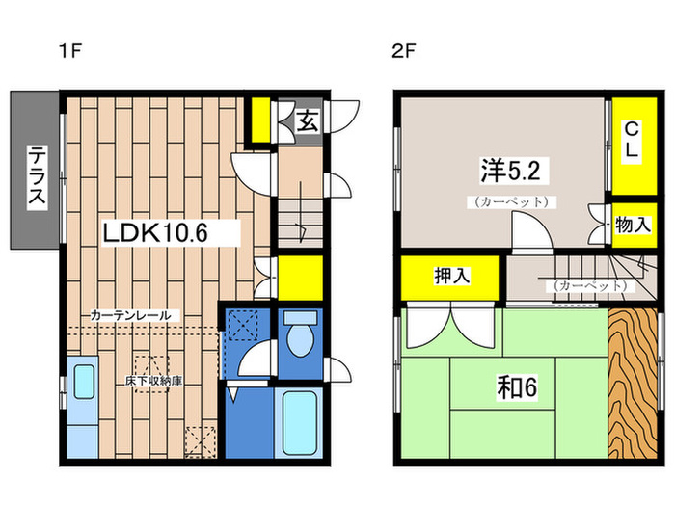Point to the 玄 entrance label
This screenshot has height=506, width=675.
pos(308,121)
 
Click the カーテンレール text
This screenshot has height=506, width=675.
pos(132,315)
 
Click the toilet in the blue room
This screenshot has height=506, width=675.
pos(299,338)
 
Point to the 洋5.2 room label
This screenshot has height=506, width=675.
pos(515,171)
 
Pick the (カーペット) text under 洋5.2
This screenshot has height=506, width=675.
pos(511,202)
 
